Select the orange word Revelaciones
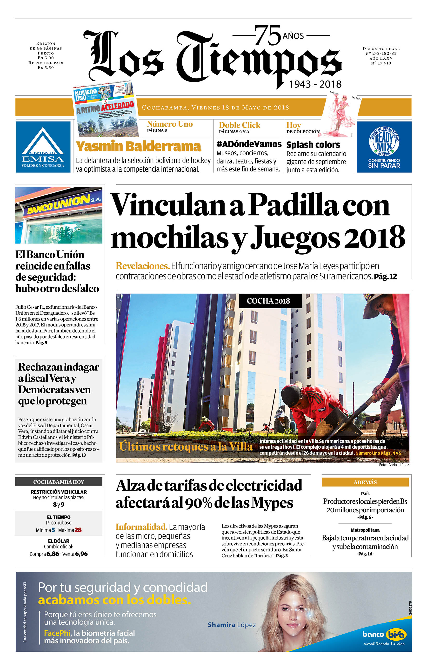143,266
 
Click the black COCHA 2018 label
268,301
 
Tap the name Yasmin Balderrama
138,146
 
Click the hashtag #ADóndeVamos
249,144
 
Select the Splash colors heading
313,145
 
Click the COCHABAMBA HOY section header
59,482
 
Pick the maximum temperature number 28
78,530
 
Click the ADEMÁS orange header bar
365,482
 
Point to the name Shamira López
232,625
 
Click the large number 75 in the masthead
267,36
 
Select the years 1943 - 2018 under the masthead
315,84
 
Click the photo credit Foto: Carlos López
394,465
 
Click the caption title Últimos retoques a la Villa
186,447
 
